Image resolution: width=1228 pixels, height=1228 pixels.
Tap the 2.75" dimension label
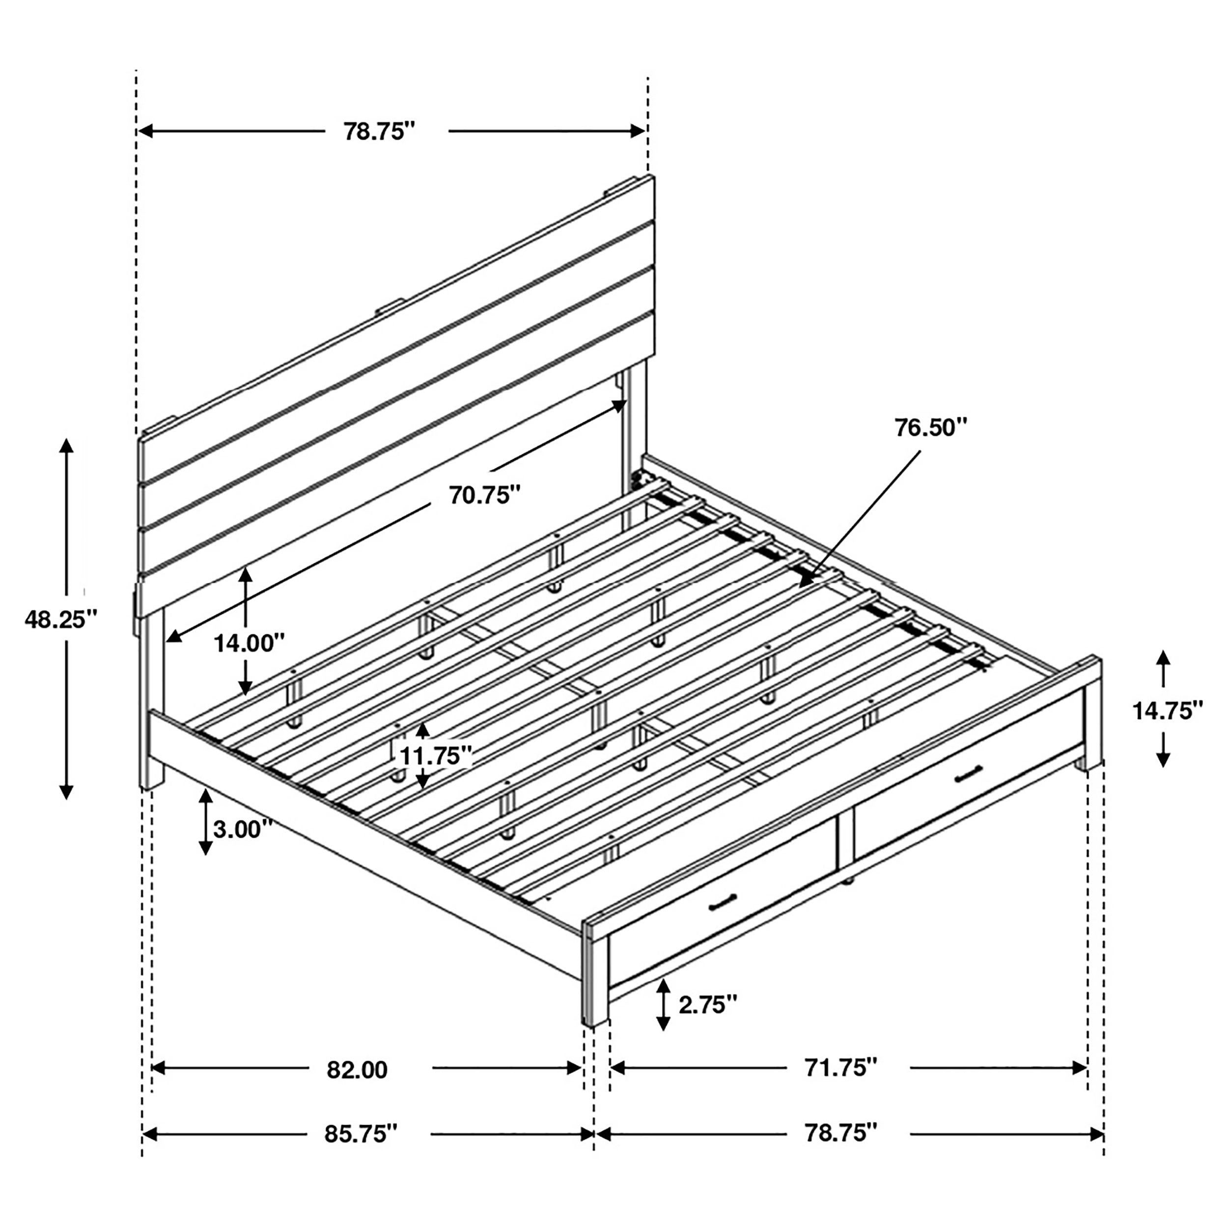pyautogui.click(x=707, y=1005)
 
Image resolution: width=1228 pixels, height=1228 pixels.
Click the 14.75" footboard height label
pyautogui.click(x=1168, y=711)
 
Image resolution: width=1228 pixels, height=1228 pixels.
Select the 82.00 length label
pyautogui.click(x=357, y=1070)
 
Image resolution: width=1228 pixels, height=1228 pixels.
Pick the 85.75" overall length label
pyautogui.click(x=361, y=1134)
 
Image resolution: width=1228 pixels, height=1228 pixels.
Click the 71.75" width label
pyautogui.click(x=841, y=1068)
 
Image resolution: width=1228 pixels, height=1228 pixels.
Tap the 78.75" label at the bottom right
pyautogui.click(x=841, y=1133)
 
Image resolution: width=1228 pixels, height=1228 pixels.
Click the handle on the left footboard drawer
pyautogui.click(x=722, y=901)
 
